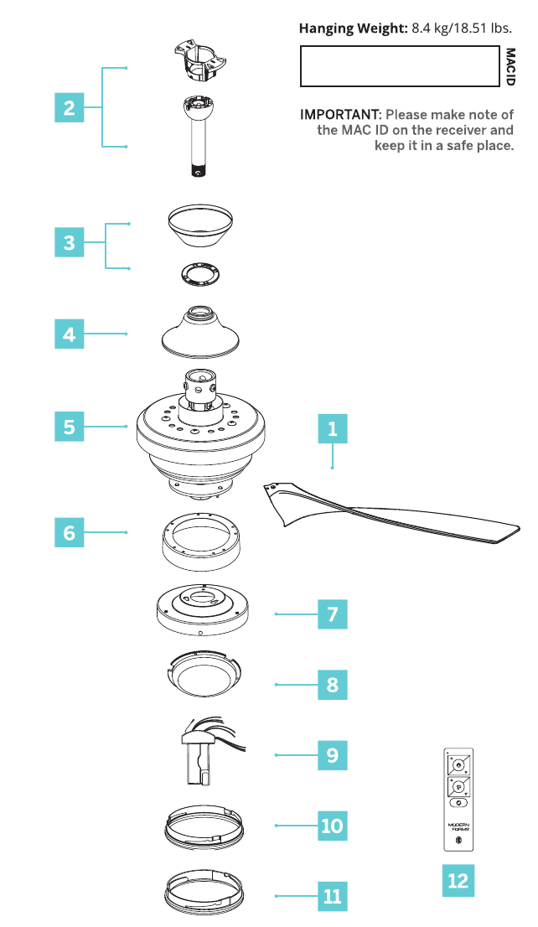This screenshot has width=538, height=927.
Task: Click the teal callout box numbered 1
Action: point(332,428)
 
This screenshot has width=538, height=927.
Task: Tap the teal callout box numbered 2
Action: point(70,107)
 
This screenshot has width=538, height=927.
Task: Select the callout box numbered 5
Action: point(70,427)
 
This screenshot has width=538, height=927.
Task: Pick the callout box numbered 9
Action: point(332,755)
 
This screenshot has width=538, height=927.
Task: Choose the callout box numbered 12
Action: point(458,881)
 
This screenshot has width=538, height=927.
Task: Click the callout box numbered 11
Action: point(332,896)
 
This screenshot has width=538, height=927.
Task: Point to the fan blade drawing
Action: point(391,510)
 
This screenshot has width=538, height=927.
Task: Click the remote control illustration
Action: point(458,800)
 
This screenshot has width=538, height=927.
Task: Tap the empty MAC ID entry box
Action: point(400,66)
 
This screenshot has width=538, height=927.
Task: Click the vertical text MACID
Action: point(510,67)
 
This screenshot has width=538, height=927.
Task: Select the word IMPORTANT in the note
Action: point(340,114)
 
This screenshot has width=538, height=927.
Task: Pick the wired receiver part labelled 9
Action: point(207,752)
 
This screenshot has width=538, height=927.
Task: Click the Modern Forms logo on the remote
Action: point(458,826)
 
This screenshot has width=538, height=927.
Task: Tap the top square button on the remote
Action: point(458,765)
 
